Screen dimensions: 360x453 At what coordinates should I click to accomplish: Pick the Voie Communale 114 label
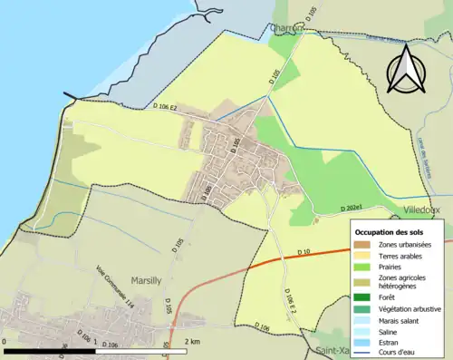[114, 289]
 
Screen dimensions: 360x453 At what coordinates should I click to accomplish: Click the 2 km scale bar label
[193, 341]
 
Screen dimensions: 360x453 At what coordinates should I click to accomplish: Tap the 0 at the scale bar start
[6, 341]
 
